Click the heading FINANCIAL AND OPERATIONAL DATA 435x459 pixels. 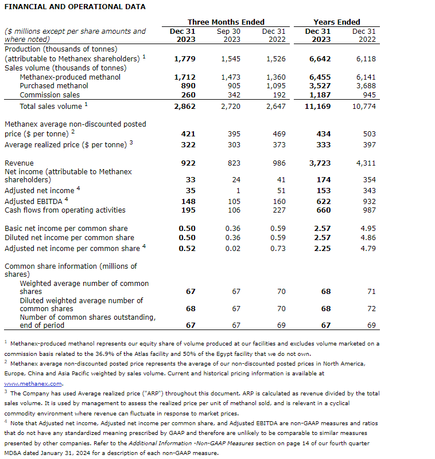pyautogui.click(x=75, y=7)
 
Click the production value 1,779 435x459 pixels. pyautogui.click(x=184, y=58)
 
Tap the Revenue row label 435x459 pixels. pyautogui.click(x=19, y=163)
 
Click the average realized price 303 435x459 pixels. pyautogui.click(x=233, y=145)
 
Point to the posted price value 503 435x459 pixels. pyautogui.click(x=370, y=134)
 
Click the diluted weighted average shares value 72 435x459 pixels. pyautogui.click(x=371, y=308)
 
